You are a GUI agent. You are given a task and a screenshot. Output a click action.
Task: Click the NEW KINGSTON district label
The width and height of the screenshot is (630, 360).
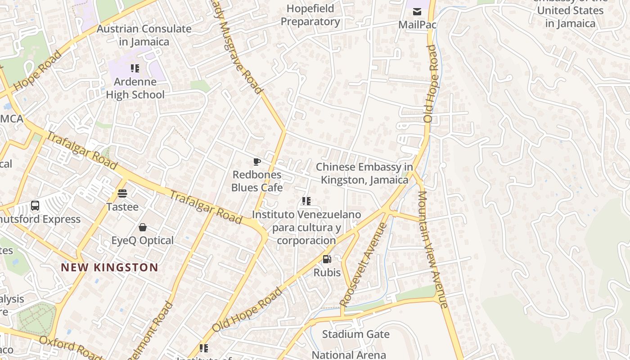coord(109,267)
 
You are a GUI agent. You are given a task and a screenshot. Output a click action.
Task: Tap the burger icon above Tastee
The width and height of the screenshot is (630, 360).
coord(122,193)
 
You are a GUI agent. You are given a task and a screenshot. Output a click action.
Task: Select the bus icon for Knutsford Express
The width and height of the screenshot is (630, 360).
coord(35,206)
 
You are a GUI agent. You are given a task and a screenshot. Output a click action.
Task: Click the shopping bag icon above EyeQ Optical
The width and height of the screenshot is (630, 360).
coord(143,227)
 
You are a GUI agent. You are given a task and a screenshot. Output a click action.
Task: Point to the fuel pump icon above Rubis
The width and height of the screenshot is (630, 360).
coord(327,259)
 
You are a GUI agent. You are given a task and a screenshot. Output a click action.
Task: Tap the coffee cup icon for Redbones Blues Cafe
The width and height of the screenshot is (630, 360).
coord(257,162)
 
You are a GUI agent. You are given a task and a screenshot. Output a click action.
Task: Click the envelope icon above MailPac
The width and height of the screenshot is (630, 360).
coord(417,11)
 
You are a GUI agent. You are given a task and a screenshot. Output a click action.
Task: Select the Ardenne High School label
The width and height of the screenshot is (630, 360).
coord(135,88)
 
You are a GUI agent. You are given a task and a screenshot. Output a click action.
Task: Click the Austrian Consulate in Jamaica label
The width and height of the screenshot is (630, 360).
coord(144,35)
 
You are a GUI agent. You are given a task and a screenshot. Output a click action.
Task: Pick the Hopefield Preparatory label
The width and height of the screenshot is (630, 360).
coord(310,15)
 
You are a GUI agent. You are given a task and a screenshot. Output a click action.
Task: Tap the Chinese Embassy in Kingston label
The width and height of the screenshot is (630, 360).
coord(364,173)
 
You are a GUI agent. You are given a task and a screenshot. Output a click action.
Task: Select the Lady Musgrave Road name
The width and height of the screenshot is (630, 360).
coord(238,49)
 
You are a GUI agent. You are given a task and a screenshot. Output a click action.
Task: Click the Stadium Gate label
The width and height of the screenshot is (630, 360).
coord(355,334)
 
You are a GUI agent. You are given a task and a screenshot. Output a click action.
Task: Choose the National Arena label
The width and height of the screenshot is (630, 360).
coord(349,355)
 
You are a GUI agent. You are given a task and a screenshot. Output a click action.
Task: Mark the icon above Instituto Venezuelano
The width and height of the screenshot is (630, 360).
coord(306,201)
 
